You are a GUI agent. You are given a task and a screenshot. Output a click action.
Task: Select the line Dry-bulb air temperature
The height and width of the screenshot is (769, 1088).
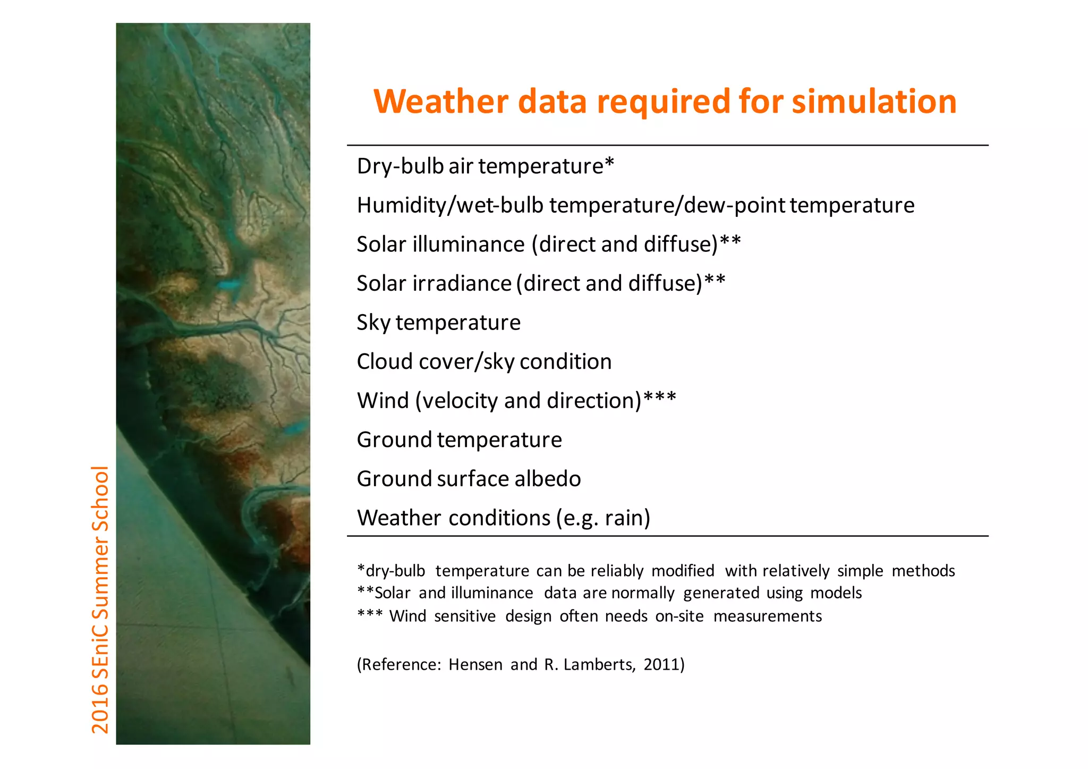click(485, 166)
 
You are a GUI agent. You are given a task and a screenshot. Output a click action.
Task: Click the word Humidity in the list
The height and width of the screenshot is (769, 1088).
click(402, 205)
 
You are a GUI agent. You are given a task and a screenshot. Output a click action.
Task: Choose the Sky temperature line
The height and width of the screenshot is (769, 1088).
click(438, 323)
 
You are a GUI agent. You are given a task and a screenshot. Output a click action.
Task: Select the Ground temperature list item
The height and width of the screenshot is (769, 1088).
click(459, 440)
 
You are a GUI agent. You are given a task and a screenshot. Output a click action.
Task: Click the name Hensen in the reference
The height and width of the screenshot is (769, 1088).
click(475, 664)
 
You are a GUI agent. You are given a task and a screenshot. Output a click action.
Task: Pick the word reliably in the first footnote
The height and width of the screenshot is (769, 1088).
click(617, 571)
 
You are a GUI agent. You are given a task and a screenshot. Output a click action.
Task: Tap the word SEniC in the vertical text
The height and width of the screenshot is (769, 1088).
click(100, 650)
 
